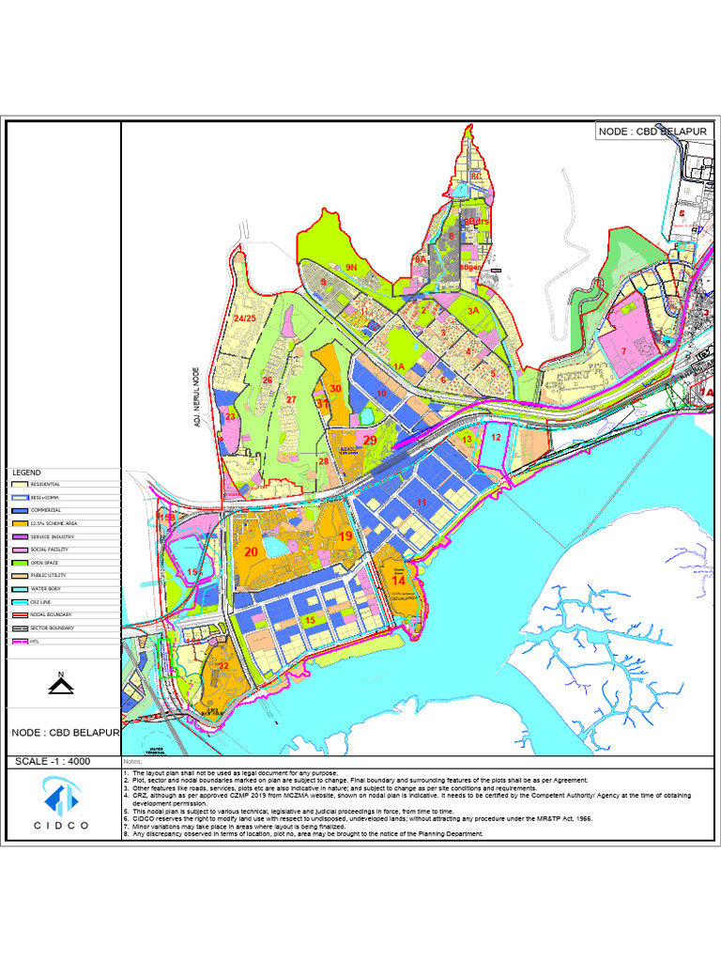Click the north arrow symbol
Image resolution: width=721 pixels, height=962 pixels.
[x=61, y=683]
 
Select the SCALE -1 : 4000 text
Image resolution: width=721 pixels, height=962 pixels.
[x=54, y=761]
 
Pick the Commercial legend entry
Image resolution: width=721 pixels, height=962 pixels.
[x=47, y=510]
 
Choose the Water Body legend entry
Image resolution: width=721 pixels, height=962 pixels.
[x=47, y=588]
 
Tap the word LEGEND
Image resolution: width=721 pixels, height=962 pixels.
[x=26, y=472]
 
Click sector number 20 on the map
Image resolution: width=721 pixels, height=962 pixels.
[x=251, y=552]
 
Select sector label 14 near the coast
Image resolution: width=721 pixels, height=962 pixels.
[x=399, y=581]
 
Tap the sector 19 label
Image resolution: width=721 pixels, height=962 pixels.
[x=345, y=536]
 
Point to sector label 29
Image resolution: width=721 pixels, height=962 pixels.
[x=370, y=440]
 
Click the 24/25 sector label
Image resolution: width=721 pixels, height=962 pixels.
[x=245, y=319]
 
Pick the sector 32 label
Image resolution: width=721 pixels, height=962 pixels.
[x=223, y=666]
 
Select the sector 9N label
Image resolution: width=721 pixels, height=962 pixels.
[x=352, y=268]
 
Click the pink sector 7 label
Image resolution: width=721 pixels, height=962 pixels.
[x=623, y=351]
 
